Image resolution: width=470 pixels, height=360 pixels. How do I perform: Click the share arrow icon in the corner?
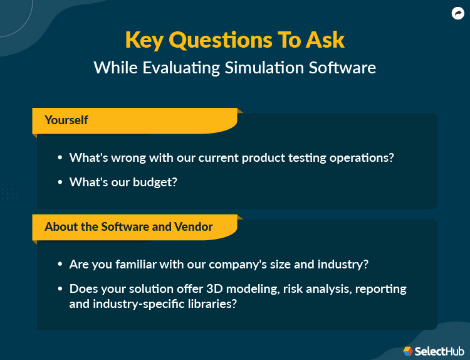point(457,13)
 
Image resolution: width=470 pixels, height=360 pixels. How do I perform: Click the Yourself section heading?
point(66,120)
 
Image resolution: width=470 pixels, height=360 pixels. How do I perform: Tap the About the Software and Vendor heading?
point(128,226)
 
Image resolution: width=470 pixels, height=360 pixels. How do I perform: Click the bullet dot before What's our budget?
point(60,182)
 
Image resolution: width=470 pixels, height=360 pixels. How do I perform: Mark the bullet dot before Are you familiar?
point(60,265)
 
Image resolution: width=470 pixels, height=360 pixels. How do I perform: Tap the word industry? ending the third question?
point(343,265)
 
